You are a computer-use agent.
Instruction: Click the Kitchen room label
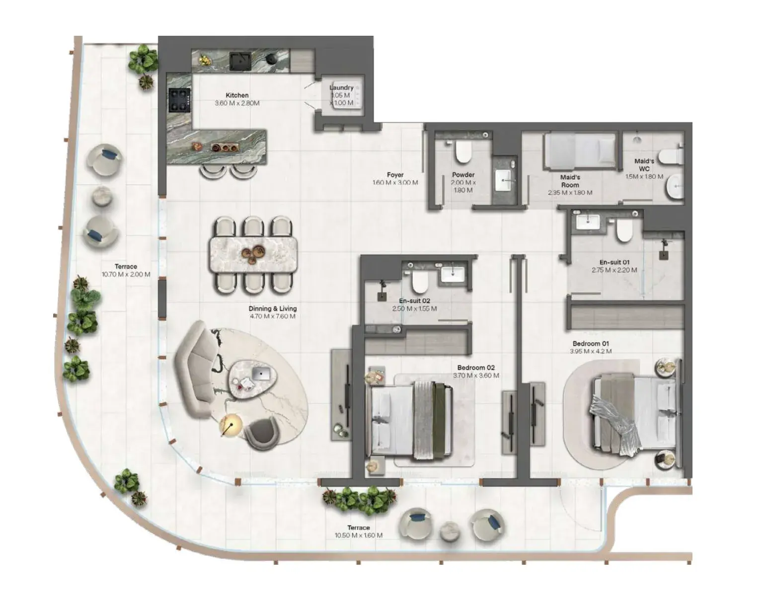coord(237,95)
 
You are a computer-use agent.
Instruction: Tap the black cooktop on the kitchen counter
coord(179,100)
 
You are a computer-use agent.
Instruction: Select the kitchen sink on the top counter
coord(240,61)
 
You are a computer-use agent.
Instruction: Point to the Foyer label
coord(395,175)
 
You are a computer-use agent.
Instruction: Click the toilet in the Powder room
coord(463,152)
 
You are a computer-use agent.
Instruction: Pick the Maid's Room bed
coord(580,151)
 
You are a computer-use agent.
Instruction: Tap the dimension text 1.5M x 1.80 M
coord(644,176)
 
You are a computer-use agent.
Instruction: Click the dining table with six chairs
coord(253,255)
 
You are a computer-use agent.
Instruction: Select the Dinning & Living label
coord(273,308)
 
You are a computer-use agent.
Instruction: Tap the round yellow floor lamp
coord(231,426)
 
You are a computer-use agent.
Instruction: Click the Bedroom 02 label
coord(476,368)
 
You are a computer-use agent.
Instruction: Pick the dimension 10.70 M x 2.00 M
coord(126,274)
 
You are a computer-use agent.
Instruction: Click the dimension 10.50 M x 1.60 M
coord(359,535)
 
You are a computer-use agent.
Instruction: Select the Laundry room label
coord(341,87)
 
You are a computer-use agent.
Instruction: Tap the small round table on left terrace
coord(102,196)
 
